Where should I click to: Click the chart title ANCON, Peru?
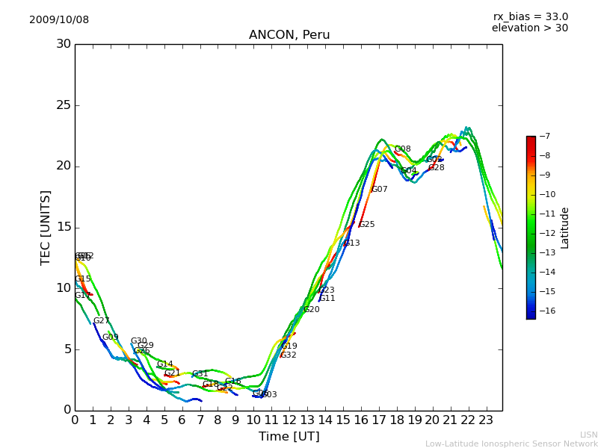[x=289, y=35]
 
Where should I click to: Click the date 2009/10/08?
[x=59, y=20]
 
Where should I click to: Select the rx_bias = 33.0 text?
[x=530, y=17]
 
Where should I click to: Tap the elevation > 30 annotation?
[x=529, y=28]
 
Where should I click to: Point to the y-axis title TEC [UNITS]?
[x=46, y=227]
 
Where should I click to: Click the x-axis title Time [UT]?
[x=289, y=437]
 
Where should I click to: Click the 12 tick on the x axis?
[x=289, y=420]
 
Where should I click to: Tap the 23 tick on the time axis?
[x=486, y=420]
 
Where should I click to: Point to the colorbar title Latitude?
[x=565, y=228]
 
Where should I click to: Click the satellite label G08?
[x=403, y=149]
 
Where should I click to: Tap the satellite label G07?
[x=380, y=190]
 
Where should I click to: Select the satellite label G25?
[x=367, y=225]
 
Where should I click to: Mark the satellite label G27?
[x=102, y=321]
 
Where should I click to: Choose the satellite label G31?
[x=200, y=374]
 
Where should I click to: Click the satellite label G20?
[x=312, y=310]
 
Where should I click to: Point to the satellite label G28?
[x=437, y=168]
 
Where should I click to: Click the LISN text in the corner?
[x=588, y=435]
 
